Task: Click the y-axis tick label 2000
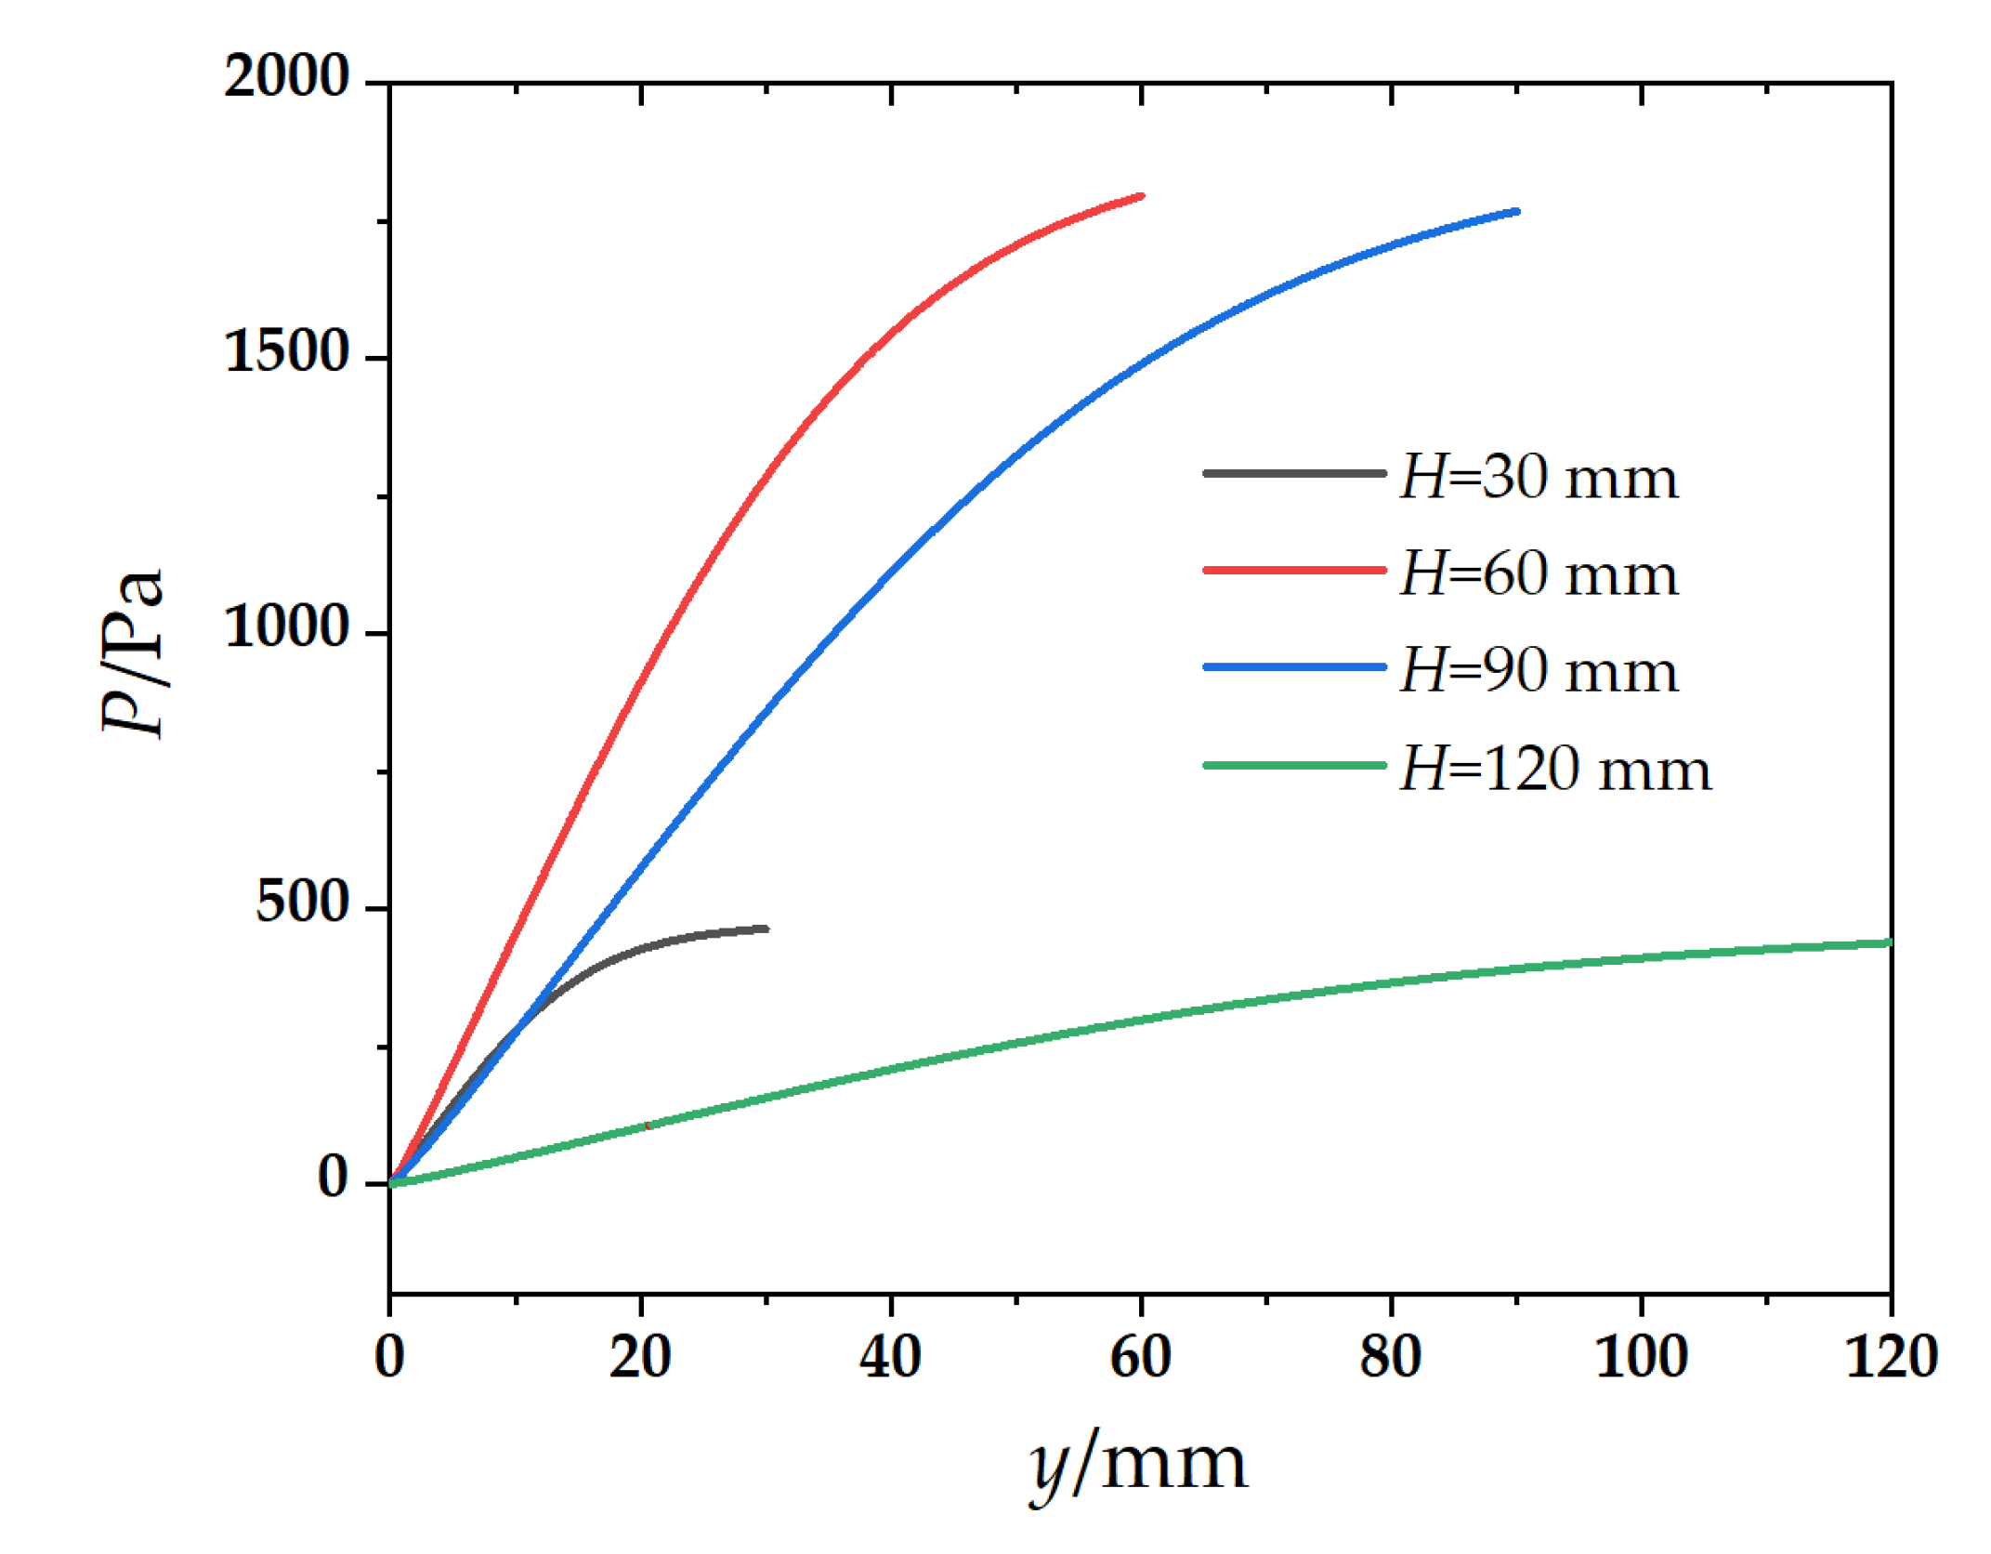click(x=286, y=76)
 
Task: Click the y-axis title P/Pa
click(x=133, y=652)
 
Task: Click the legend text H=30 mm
click(x=1539, y=478)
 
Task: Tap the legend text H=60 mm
click(x=1539, y=574)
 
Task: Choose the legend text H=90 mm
click(x=1539, y=671)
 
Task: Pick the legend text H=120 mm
click(x=1555, y=770)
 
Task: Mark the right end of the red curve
click(x=1141, y=196)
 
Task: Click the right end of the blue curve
click(x=1516, y=212)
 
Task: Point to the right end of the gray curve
click(x=766, y=928)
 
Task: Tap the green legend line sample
click(x=1294, y=766)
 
